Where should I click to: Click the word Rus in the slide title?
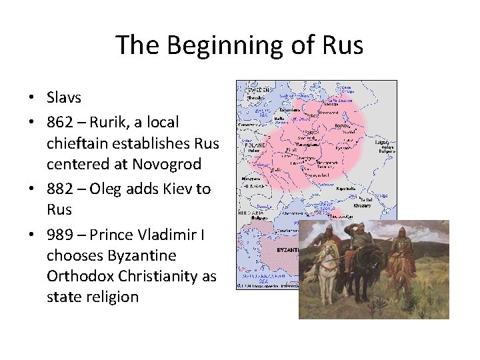343,45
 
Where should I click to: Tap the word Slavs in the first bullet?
64,97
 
